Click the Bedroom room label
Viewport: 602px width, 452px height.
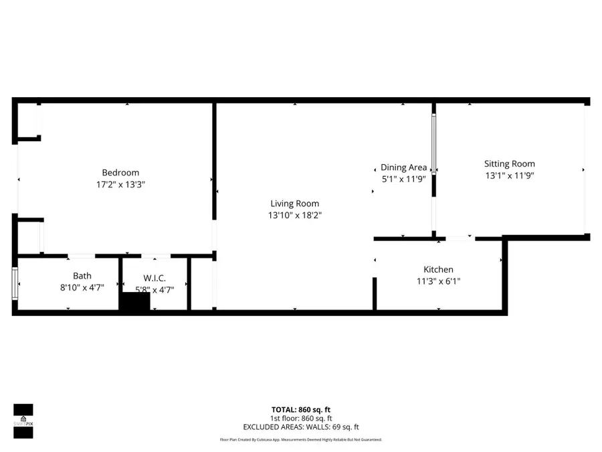point(120,173)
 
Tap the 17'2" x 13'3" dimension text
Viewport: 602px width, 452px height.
point(120,184)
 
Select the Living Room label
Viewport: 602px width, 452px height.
point(294,204)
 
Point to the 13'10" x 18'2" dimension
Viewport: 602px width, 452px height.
point(294,215)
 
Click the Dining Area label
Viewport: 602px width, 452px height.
point(403,167)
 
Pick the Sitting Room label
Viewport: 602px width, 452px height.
point(510,163)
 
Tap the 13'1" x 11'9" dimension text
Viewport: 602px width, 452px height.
point(510,175)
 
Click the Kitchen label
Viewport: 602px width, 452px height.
point(438,269)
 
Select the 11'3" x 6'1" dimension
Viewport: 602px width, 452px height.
point(438,281)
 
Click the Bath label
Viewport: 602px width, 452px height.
point(82,276)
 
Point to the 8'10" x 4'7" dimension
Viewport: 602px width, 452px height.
point(82,287)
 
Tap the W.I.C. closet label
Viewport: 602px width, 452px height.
point(154,278)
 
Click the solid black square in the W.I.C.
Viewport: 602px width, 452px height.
point(135,302)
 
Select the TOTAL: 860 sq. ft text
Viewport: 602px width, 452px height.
point(300,410)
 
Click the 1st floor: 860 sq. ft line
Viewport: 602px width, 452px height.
point(300,418)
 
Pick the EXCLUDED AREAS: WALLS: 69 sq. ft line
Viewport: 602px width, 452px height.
point(300,427)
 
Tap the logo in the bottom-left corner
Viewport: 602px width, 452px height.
point(23,421)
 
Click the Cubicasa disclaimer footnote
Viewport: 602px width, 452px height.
point(300,440)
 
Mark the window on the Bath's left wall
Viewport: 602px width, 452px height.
point(15,283)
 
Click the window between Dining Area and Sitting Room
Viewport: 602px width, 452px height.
point(433,145)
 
